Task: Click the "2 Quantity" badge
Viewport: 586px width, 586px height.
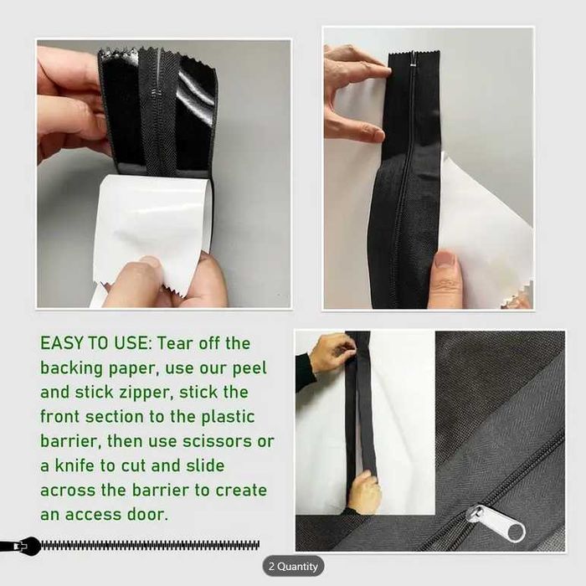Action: pyautogui.click(x=293, y=566)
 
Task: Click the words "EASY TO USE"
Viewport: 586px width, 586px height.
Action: pyautogui.click(x=94, y=343)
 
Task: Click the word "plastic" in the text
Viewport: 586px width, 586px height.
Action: pyautogui.click(x=228, y=418)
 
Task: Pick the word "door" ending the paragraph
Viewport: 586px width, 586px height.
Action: pyautogui.click(x=147, y=514)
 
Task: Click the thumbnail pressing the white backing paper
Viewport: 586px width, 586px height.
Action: pyautogui.click(x=446, y=260)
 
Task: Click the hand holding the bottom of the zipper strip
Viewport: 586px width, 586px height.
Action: pyautogui.click(x=364, y=492)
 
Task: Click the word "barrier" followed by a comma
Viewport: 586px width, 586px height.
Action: pyautogui.click(x=71, y=441)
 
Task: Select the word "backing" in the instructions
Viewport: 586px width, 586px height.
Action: pyautogui.click(x=71, y=369)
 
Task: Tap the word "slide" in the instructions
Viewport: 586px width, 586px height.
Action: pyautogui.click(x=205, y=465)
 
